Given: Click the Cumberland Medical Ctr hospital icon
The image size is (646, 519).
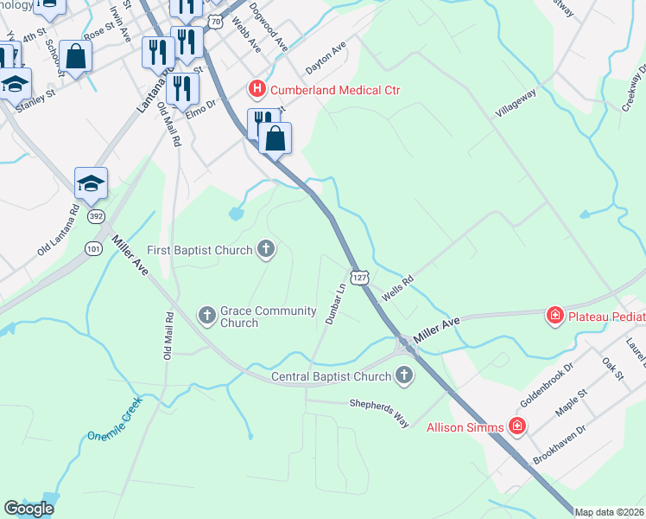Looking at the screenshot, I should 256,89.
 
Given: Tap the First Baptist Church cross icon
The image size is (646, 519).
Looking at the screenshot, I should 266,250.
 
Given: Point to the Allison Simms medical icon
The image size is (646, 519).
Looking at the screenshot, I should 516,426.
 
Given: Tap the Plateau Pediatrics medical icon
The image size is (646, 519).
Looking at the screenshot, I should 554,316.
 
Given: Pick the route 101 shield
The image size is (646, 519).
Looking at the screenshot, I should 94,249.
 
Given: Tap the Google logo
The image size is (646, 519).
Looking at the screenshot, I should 28,509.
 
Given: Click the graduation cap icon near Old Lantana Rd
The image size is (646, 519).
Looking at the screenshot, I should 91,183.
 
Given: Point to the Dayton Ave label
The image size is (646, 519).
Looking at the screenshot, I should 326,60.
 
